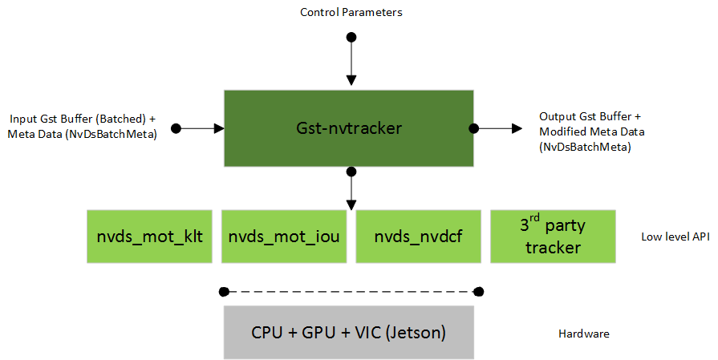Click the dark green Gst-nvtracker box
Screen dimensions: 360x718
click(x=349, y=128)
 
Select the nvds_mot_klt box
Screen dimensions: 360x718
click(x=150, y=237)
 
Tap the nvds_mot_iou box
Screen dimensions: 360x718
click(x=284, y=237)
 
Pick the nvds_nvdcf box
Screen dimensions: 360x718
click(x=418, y=237)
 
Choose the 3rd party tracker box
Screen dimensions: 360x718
click(x=553, y=237)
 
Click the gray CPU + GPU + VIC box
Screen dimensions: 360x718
click(x=349, y=332)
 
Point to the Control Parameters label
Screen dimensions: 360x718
click(x=351, y=12)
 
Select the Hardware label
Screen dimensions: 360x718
click(x=582, y=333)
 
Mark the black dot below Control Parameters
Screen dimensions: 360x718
click(x=351, y=37)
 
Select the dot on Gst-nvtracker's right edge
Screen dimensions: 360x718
click(x=474, y=128)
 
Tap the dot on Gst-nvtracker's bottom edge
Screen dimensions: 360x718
click(x=351, y=172)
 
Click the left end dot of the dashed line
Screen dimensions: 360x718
click(x=225, y=291)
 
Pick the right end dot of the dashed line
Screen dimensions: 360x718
click(x=479, y=291)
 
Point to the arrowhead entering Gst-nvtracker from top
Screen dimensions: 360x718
click(x=351, y=80)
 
